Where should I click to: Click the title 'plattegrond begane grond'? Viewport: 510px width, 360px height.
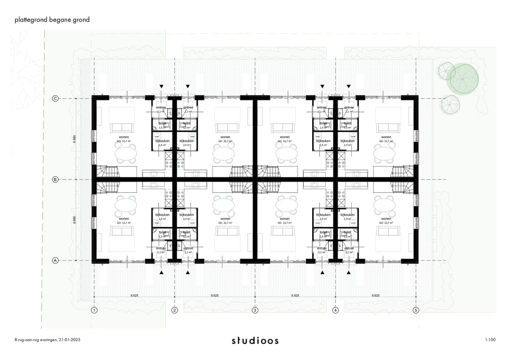tap(51, 20)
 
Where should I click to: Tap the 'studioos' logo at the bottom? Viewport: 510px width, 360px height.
tap(255, 340)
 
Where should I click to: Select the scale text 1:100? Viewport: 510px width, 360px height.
tap(490, 340)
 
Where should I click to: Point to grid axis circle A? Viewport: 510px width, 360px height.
tap(55, 260)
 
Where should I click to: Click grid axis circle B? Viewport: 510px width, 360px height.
tap(55, 179)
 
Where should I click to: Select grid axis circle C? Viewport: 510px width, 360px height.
tap(55, 99)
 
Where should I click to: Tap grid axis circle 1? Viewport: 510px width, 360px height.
tap(94, 310)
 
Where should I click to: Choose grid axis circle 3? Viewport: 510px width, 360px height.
tap(255, 310)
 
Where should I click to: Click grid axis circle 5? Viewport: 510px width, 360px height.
tap(416, 310)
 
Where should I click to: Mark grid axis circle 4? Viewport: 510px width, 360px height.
tap(336, 310)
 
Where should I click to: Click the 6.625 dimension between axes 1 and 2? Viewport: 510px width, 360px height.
tap(135, 295)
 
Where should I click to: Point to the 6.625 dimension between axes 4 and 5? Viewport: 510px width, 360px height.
tap(376, 295)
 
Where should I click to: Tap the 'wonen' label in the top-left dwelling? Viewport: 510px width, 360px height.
tap(124, 137)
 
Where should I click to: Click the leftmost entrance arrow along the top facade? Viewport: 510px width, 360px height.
tap(161, 86)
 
